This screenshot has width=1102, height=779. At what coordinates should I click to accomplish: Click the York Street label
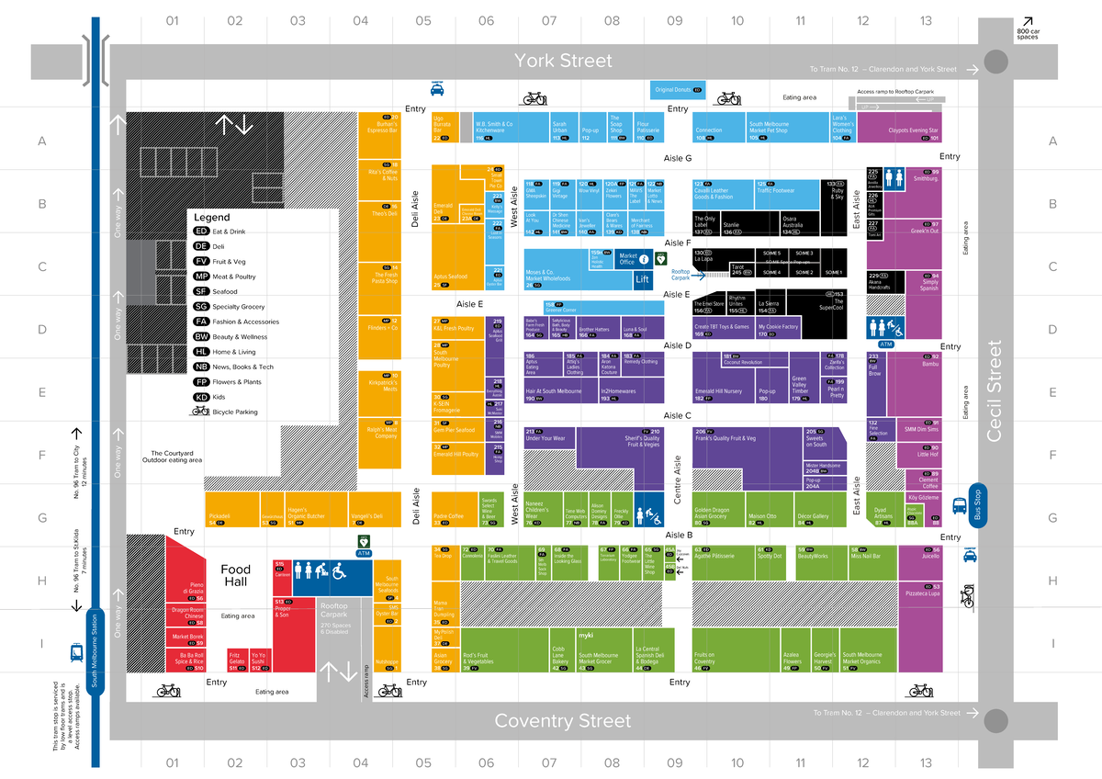[562, 61]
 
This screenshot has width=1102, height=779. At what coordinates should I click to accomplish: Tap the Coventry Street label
[562, 721]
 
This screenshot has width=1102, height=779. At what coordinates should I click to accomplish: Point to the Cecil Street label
[993, 390]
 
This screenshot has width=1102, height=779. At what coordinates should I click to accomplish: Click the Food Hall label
[236, 575]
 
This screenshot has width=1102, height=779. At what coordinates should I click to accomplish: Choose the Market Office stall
[628, 259]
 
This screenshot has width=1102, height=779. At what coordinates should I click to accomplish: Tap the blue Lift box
[642, 278]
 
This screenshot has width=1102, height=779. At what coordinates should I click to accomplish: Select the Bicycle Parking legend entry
[233, 412]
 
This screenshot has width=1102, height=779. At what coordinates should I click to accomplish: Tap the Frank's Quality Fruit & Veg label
[725, 439]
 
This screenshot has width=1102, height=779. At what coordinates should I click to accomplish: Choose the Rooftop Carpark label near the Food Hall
[334, 606]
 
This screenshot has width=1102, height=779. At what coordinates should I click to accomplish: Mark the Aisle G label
[678, 159]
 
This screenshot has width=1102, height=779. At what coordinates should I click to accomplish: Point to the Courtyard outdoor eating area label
[172, 457]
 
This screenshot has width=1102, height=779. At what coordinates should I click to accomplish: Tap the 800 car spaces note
[1029, 34]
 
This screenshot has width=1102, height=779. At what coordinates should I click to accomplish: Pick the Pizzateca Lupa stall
[921, 593]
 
